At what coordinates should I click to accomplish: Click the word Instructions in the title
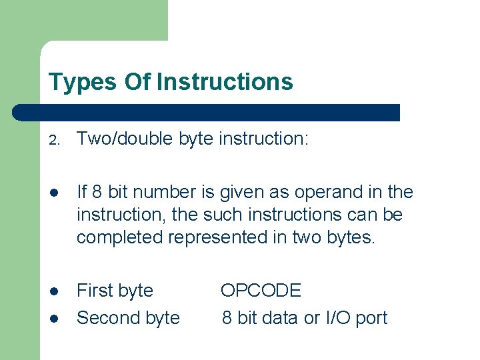225,82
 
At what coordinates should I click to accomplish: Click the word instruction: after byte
263,139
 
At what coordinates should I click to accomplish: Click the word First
93,291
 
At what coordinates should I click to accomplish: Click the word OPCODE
261,291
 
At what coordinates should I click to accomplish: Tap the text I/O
338,318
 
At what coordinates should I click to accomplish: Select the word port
372,318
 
